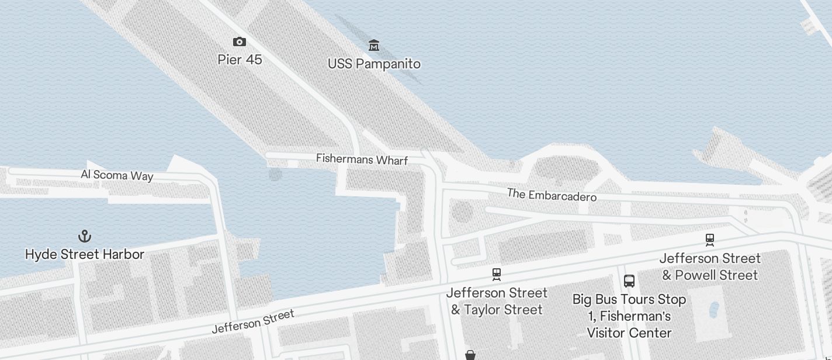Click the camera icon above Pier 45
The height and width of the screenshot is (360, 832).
click(x=240, y=41)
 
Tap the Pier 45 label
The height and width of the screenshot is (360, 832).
click(x=240, y=60)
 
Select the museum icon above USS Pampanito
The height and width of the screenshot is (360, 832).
click(x=374, y=45)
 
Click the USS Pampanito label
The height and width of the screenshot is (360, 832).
click(x=374, y=64)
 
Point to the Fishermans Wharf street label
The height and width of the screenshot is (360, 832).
click(x=362, y=159)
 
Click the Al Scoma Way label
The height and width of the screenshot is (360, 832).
click(x=117, y=175)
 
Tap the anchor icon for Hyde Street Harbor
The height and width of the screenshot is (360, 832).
click(x=85, y=236)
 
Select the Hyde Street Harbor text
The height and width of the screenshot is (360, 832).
click(x=85, y=254)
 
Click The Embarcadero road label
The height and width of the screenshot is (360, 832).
click(x=552, y=195)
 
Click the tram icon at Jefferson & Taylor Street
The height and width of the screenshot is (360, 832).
click(x=497, y=274)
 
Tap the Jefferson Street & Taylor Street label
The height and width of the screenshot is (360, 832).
click(x=497, y=301)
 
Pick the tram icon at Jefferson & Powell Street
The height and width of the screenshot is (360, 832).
click(x=710, y=240)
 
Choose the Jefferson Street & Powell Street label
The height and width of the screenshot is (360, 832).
click(x=710, y=266)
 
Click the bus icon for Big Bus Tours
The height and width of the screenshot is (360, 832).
click(x=629, y=281)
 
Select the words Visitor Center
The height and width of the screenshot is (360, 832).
click(x=629, y=333)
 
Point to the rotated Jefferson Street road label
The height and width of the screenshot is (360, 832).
click(x=253, y=322)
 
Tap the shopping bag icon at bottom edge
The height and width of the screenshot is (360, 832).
click(x=470, y=355)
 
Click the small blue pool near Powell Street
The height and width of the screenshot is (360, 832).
click(x=714, y=309)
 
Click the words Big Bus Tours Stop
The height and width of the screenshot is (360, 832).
click(x=629, y=299)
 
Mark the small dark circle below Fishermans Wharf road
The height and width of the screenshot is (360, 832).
click(x=275, y=174)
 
